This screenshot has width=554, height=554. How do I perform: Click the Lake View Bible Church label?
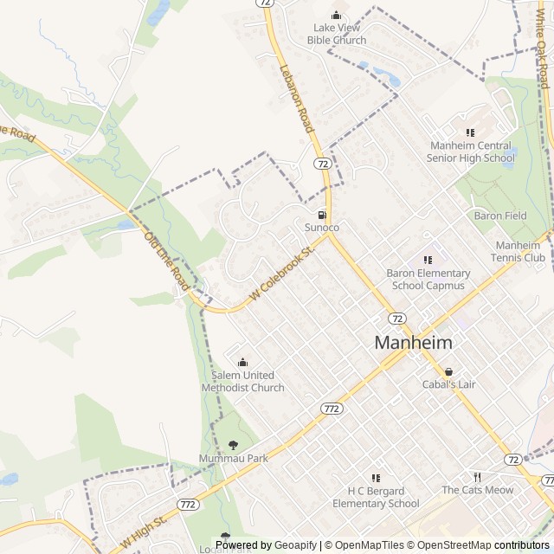click(x=338, y=34)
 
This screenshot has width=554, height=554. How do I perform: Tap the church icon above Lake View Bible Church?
click(x=338, y=15)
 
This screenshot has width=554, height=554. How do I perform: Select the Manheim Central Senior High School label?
click(x=471, y=151)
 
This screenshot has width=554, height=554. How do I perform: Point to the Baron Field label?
click(x=499, y=215)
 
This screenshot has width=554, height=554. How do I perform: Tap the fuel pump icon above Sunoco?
click(x=322, y=214)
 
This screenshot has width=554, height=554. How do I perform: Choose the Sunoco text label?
click(x=321, y=227)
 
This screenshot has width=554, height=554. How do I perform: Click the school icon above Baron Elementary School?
click(x=427, y=259)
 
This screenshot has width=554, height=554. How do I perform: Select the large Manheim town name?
click(x=413, y=343)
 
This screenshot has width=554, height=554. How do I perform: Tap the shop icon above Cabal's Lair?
click(x=448, y=371)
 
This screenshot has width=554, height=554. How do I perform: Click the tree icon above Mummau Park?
click(x=233, y=445)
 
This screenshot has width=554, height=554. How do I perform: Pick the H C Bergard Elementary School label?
click(x=376, y=497)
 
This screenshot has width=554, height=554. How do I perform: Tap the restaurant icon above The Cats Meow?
click(x=477, y=477)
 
